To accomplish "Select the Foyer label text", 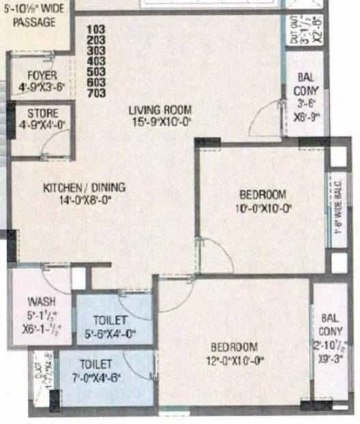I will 42,75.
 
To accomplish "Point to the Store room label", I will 42,113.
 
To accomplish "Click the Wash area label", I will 42,301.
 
